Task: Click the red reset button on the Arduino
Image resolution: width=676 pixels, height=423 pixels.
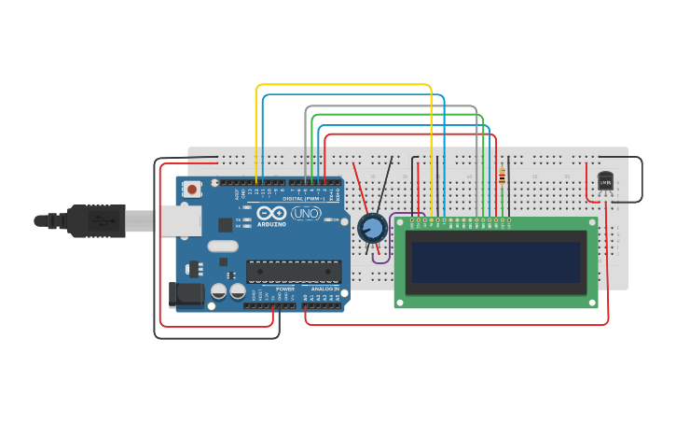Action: click(192, 190)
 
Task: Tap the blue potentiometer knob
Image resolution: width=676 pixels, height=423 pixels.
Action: click(372, 227)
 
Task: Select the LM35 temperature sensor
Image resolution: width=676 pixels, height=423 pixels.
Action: click(605, 180)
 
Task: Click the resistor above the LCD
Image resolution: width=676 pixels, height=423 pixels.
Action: click(502, 176)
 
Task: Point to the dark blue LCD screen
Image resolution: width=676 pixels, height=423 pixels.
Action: click(495, 262)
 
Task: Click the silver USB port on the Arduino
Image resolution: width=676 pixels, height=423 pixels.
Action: click(179, 221)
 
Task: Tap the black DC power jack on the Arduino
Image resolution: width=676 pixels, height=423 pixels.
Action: click(187, 295)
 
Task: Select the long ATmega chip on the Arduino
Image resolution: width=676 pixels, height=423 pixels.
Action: click(293, 271)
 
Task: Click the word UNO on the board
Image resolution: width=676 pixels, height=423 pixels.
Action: click(305, 214)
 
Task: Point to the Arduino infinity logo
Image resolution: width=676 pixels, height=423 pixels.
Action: click(271, 214)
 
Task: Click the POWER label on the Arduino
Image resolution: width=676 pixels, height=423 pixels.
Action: click(284, 289)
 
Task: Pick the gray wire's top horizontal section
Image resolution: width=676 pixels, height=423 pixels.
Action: click(392, 106)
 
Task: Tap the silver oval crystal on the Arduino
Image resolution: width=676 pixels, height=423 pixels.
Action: click(223, 247)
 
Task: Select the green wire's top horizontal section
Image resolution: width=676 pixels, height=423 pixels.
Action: click(396, 115)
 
